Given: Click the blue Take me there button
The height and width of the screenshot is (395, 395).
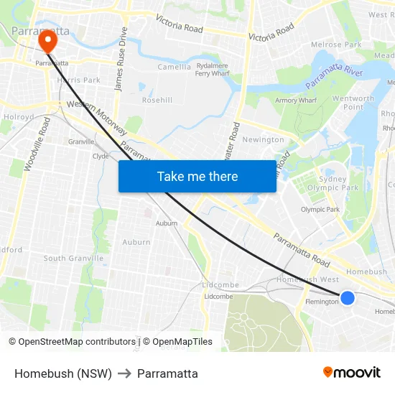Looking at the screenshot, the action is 197,177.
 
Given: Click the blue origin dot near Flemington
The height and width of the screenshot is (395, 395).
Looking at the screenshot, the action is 348,297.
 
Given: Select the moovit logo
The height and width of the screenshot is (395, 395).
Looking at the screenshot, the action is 352,372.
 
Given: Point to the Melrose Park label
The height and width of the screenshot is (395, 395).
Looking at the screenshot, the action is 336,45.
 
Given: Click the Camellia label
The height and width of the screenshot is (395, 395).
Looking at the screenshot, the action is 175,68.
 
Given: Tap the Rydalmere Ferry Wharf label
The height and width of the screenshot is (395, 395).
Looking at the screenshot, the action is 213,69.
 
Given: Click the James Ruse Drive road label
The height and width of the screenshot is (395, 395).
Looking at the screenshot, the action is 120,59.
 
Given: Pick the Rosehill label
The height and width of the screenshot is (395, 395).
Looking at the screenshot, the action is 157,100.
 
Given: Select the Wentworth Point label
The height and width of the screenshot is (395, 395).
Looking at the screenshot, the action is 353,103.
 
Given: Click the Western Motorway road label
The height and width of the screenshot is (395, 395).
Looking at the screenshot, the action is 96,118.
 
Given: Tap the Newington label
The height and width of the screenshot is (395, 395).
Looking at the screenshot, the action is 264,139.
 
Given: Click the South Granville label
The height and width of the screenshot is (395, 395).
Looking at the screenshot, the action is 73,259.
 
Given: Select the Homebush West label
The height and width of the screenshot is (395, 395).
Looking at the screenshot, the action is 308,279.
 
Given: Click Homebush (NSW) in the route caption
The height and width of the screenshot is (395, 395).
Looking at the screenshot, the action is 63,373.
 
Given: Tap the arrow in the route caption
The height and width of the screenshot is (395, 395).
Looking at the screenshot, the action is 124,373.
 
